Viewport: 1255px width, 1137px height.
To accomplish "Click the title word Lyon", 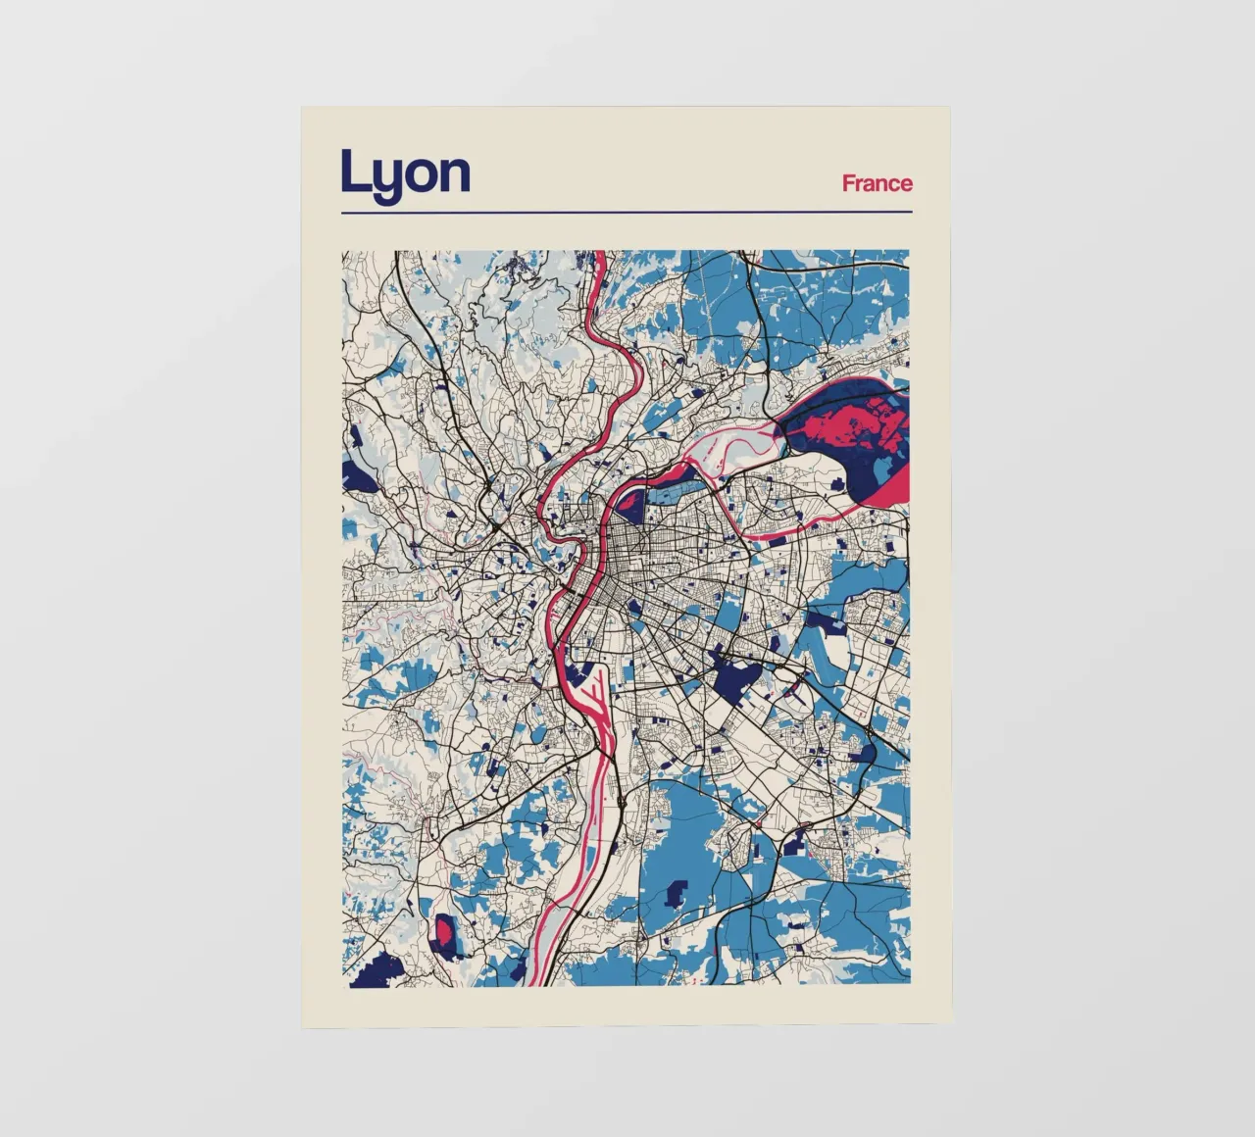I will tap(405, 174).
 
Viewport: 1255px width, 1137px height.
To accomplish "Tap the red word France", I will tap(877, 183).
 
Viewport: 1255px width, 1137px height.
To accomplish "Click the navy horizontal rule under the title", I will tap(627, 211).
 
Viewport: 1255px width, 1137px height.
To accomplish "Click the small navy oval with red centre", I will tap(446, 936).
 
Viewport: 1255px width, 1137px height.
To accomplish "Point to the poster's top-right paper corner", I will tap(948, 109).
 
